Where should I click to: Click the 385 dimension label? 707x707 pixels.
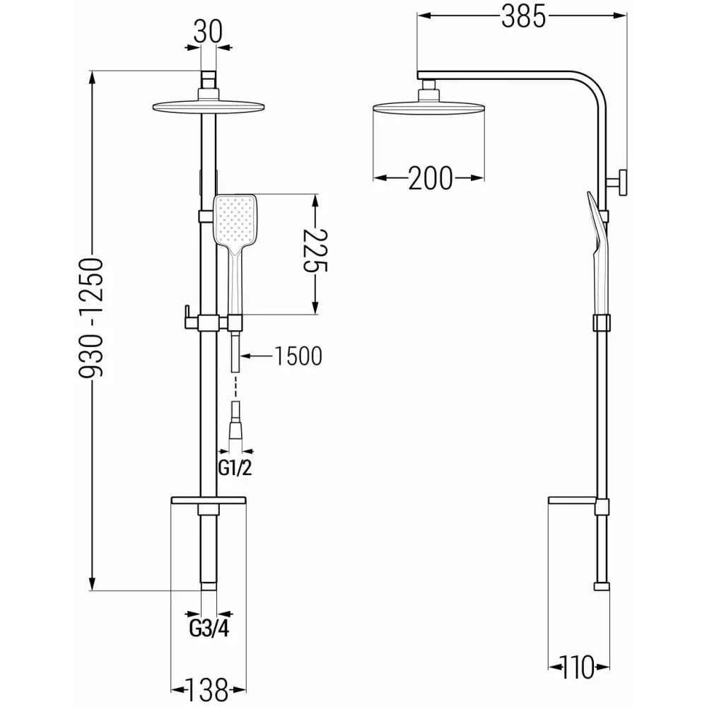pyautogui.click(x=523, y=18)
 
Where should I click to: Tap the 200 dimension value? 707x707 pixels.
pyautogui.click(x=430, y=178)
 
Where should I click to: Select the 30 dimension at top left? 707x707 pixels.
pyautogui.click(x=209, y=33)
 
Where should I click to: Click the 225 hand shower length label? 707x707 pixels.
pyautogui.click(x=315, y=251)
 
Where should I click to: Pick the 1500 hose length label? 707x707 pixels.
pyautogui.click(x=298, y=356)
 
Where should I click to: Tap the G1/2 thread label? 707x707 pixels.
pyautogui.click(x=235, y=468)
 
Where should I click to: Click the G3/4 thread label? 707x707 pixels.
pyautogui.click(x=209, y=629)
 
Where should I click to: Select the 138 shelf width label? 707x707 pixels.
pyautogui.click(x=209, y=689)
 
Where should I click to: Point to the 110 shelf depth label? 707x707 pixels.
pyautogui.click(x=578, y=667)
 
